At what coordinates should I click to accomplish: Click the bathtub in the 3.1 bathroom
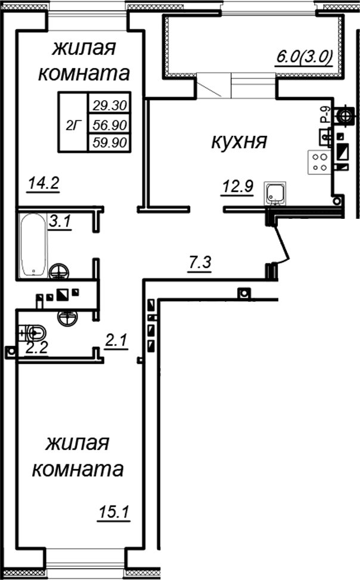coord(33,245)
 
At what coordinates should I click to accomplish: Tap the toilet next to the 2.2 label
coord(36,333)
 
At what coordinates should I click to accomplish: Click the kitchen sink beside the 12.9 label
coord(275,193)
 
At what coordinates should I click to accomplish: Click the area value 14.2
coord(45,182)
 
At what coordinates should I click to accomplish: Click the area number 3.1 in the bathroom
coord(60,222)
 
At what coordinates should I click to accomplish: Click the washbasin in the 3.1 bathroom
coord(60,272)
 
